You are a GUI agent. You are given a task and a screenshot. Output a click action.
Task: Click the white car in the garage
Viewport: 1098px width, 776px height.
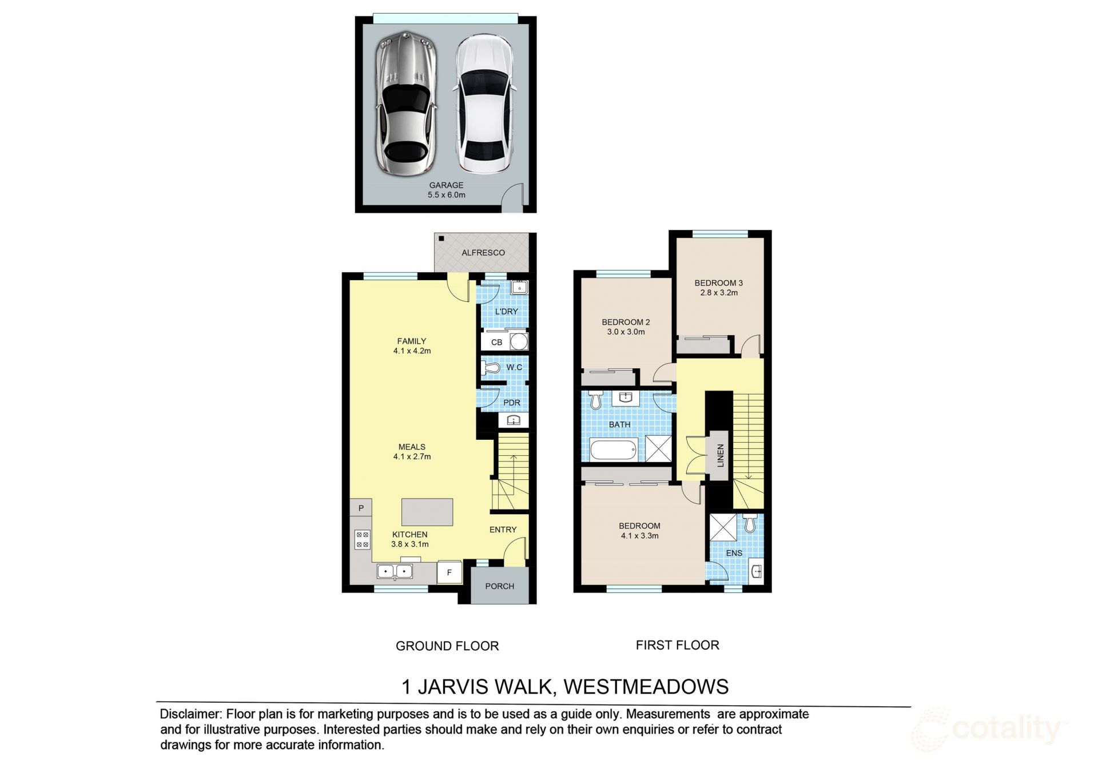pos(484,104)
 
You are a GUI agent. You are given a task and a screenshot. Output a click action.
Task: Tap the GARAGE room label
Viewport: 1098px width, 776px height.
pos(446,185)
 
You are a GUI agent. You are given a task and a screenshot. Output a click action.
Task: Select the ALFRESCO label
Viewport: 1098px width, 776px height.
pos(483,252)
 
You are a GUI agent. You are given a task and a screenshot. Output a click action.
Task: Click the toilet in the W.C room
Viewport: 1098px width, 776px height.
pos(491,367)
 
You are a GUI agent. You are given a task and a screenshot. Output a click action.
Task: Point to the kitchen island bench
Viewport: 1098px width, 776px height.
pos(427,512)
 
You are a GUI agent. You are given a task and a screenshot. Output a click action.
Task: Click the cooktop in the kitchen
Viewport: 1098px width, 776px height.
pos(362,539)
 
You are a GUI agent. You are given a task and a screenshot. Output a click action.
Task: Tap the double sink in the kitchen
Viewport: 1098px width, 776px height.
pos(395,571)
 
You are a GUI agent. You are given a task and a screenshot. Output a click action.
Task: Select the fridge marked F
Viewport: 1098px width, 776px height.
pos(449,572)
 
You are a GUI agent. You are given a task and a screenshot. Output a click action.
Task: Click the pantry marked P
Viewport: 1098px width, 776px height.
pos(361,508)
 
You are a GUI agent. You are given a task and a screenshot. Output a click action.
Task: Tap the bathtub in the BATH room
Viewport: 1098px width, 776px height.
pos(613,450)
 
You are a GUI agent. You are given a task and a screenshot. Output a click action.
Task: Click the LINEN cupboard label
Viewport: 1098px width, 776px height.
pos(721,455)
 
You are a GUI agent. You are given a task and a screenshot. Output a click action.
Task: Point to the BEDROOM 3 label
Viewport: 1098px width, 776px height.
pos(719,282)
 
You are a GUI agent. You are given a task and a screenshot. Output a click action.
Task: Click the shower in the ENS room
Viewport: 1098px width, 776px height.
pos(723,527)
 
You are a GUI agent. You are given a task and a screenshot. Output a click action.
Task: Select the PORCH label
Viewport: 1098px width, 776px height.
pos(500,586)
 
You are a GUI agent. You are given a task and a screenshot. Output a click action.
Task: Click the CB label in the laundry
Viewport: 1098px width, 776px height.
pos(496,342)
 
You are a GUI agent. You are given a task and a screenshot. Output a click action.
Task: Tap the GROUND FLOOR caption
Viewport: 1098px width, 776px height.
pos(447,646)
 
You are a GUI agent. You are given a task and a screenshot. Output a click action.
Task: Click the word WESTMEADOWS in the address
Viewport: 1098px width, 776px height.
pos(647,687)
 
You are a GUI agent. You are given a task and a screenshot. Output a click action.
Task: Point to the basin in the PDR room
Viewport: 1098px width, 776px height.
pos(514,420)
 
